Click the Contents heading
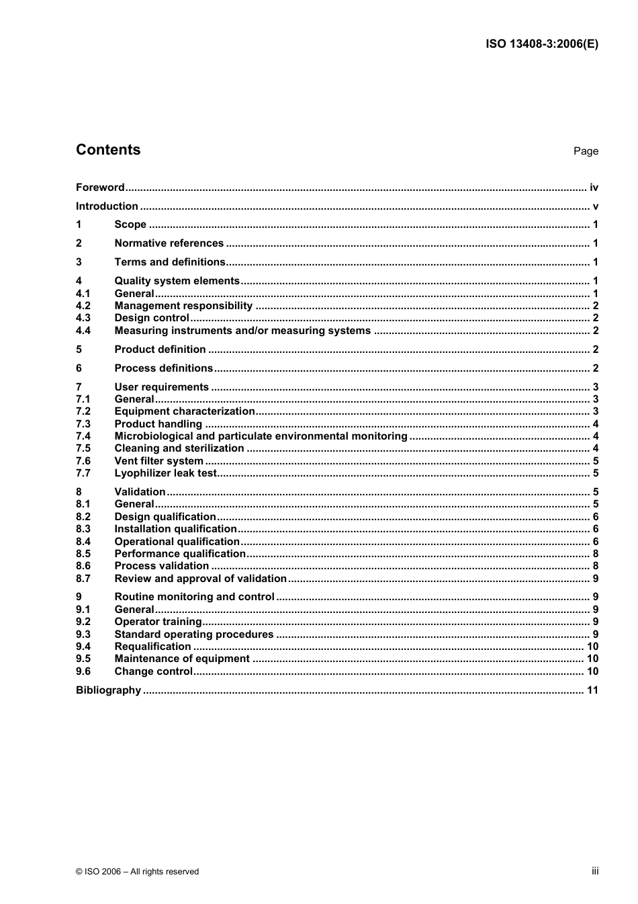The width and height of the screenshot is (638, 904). pyautogui.click(x=108, y=150)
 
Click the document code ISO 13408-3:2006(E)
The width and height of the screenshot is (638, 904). pyautogui.click(x=541, y=44)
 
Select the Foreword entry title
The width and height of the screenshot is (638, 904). pyautogui.click(x=100, y=188)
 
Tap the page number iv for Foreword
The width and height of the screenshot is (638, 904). pyautogui.click(x=594, y=188)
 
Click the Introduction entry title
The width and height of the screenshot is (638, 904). pyautogui.click(x=107, y=206)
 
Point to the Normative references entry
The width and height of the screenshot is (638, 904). pyautogui.click(x=169, y=243)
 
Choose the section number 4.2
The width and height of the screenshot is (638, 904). pyautogui.click(x=83, y=306)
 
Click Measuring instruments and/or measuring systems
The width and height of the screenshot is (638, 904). pyautogui.click(x=242, y=331)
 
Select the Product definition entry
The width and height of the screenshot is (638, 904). pyautogui.click(x=160, y=350)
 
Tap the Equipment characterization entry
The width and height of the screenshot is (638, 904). pyautogui.click(x=185, y=411)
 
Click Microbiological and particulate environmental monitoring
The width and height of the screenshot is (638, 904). pyautogui.click(x=261, y=436)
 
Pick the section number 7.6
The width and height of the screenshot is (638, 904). pyautogui.click(x=83, y=461)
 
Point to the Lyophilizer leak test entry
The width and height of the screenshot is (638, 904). pyautogui.click(x=165, y=473)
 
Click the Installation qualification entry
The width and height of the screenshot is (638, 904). pyautogui.click(x=175, y=529)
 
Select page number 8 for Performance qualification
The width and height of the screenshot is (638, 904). pyautogui.click(x=595, y=554)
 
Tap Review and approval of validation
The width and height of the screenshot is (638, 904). pyautogui.click(x=200, y=579)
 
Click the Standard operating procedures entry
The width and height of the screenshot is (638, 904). pyautogui.click(x=193, y=634)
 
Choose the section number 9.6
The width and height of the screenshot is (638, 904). pyautogui.click(x=83, y=671)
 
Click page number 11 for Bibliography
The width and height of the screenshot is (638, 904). pyautogui.click(x=592, y=690)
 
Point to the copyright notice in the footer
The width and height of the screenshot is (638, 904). pyautogui.click(x=137, y=872)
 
